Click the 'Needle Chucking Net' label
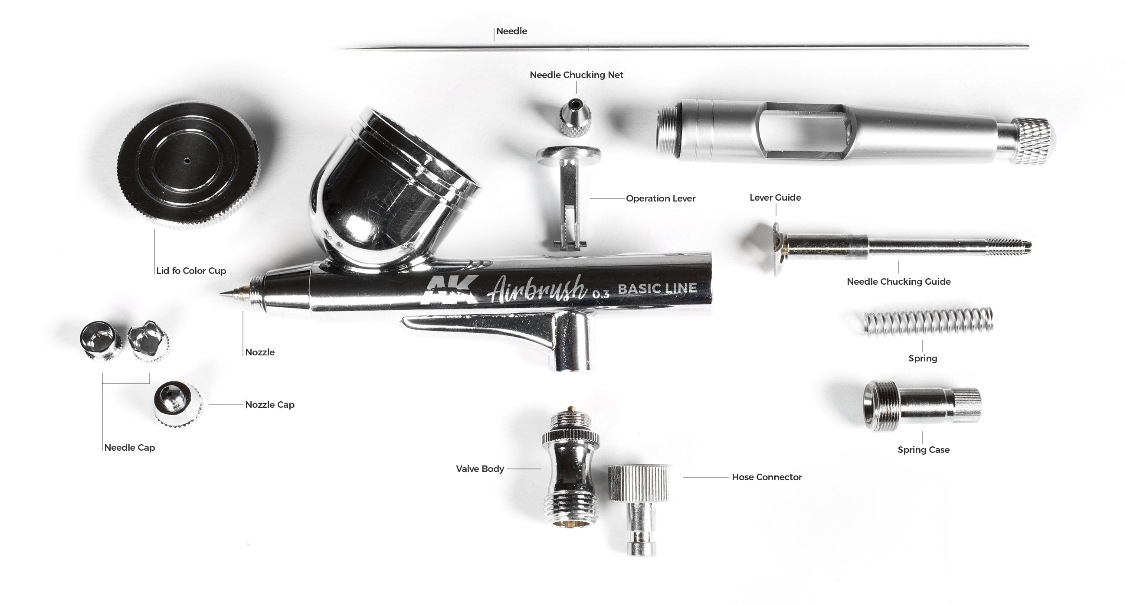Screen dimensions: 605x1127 click(576, 75)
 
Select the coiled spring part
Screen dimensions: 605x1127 click(929, 322)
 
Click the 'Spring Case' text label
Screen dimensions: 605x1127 click(923, 449)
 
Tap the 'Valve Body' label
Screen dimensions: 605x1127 click(480, 468)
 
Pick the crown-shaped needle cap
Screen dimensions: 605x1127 click(148, 341)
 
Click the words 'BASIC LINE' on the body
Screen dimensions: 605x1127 click(657, 289)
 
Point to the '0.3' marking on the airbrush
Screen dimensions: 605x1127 click(600, 294)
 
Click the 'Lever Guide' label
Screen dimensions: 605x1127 click(775, 198)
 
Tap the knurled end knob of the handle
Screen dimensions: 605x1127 click(1033, 141)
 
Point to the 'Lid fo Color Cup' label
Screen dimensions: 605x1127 click(191, 270)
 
